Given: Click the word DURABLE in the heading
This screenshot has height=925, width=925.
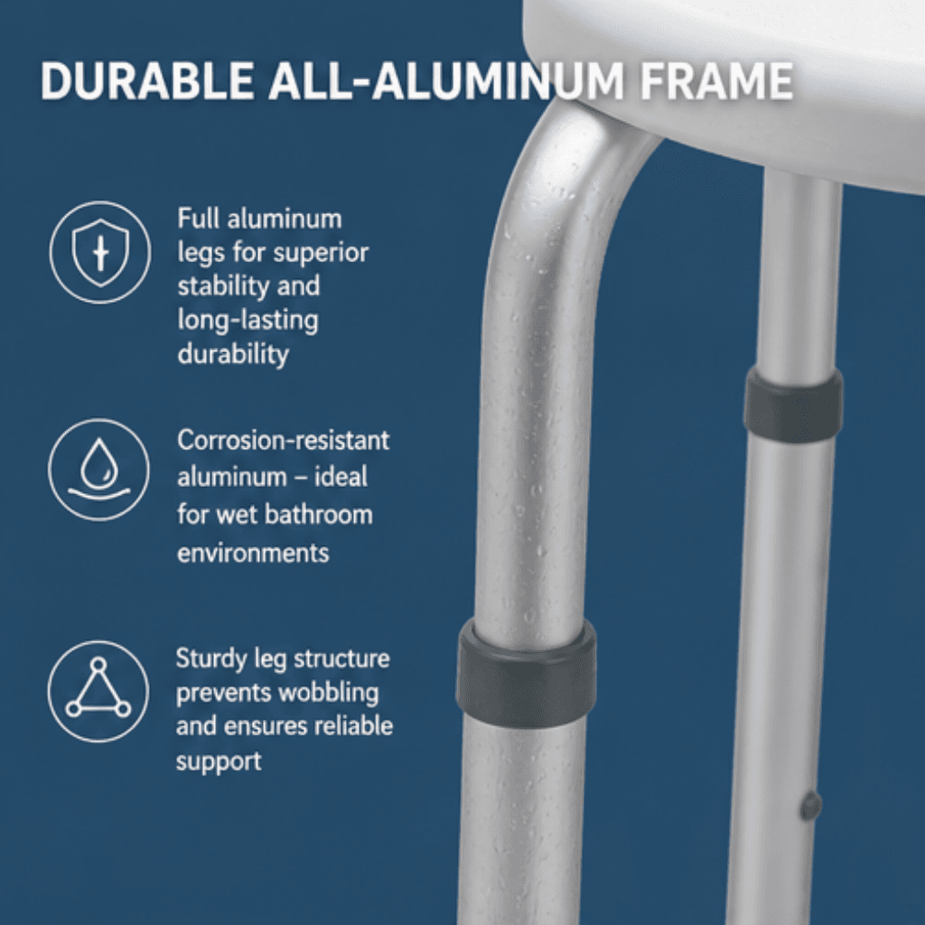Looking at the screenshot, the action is click(147, 79).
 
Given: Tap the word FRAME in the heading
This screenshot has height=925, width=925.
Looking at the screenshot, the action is click(716, 79).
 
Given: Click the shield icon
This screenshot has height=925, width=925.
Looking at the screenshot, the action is click(100, 253).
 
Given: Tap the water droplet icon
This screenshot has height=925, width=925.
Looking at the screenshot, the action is click(98, 470).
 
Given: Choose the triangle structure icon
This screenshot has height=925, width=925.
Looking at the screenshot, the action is click(98, 691).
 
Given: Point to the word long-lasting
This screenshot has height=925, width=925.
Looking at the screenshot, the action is click(248, 321).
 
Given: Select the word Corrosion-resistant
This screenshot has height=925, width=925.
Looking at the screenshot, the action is click(283, 441).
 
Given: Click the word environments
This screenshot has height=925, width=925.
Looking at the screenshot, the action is click(253, 554).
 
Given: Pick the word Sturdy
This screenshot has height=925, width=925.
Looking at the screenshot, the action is click(210, 659).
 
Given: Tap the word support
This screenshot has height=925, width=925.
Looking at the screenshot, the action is click(219, 761).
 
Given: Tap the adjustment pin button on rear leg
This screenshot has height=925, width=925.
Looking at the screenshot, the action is click(810, 806).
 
